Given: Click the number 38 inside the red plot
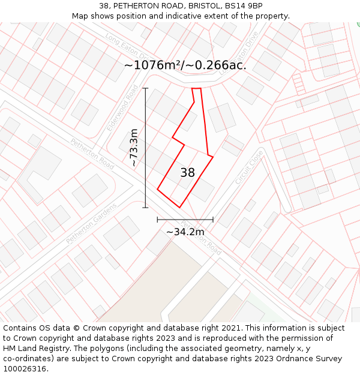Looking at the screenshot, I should point(187,173).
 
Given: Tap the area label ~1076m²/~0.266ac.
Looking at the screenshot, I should point(185,65).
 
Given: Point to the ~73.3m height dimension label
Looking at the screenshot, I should point(134,148).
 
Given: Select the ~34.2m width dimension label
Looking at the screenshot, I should point(185,232).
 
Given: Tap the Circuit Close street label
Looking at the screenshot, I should point(249,167).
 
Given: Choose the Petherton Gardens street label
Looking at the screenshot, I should point(91,223).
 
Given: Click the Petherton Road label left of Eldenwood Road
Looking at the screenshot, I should point(92,154).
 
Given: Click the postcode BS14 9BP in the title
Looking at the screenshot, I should point(242,6).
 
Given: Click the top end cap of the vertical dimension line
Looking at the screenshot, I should point(145,88).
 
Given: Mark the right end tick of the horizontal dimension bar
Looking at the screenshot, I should point(213,220).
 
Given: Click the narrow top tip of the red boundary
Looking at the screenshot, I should point(196,89).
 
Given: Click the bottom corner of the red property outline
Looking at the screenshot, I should point(179,208).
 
